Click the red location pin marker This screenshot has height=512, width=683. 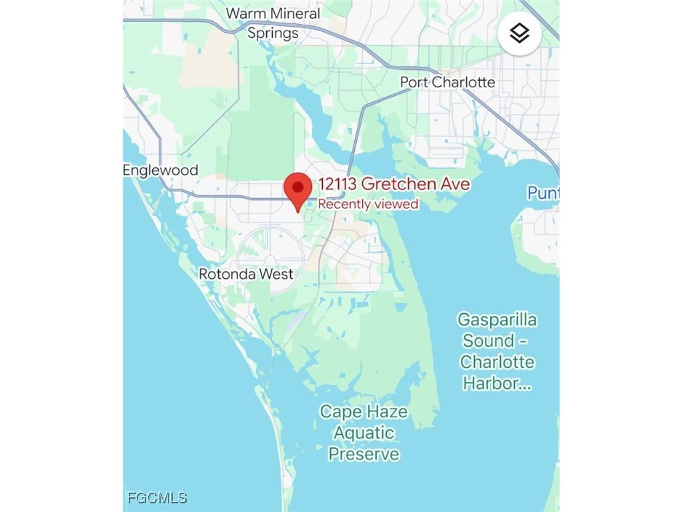(x=298, y=189)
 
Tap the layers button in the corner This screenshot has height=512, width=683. (x=520, y=33)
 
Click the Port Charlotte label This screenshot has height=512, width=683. (x=448, y=82)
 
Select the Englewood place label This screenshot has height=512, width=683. (x=161, y=170)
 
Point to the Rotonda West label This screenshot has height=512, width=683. (x=246, y=274)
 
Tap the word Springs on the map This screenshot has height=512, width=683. (x=273, y=33)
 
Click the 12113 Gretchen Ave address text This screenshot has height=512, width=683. (x=394, y=184)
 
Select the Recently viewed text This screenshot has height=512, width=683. (x=368, y=204)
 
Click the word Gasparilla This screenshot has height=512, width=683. (x=497, y=320)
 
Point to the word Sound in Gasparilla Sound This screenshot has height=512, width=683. (x=489, y=341)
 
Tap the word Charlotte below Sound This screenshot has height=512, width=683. (x=497, y=362)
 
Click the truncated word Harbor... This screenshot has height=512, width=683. (x=497, y=383)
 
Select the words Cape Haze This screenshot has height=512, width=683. (x=364, y=411)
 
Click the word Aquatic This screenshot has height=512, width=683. (x=364, y=433)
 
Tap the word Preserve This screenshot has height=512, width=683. (x=364, y=454)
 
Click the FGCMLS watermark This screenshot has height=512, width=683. (x=157, y=497)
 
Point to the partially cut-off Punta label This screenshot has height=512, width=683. (x=542, y=193)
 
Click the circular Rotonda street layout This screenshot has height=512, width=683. (x=270, y=255)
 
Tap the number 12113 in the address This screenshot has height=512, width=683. (x=337, y=184)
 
